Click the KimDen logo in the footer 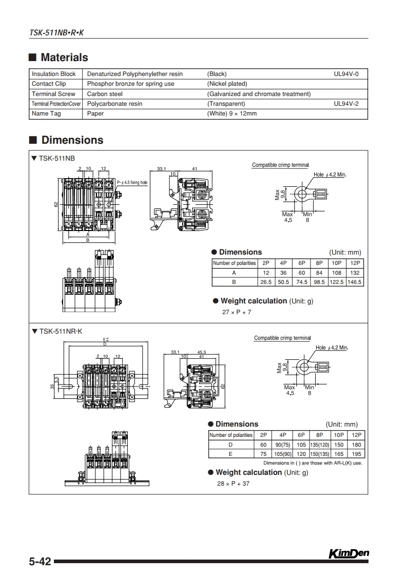coord(348,553)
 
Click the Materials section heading coord(64,57)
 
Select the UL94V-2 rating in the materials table coord(346,104)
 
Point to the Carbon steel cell coord(105,94)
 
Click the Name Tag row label coord(46,113)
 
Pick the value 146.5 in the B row coord(355,282)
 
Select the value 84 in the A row coord(319,273)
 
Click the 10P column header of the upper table coord(337,263)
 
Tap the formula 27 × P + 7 coord(237,312)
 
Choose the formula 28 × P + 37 coord(233,484)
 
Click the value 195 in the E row coord(356,454)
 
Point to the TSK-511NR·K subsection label coord(60,332)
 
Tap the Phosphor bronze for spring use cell coord(130,84)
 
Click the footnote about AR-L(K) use coord(320,463)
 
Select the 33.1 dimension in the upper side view coord(162,168)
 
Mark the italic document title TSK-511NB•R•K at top coord(56,32)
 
